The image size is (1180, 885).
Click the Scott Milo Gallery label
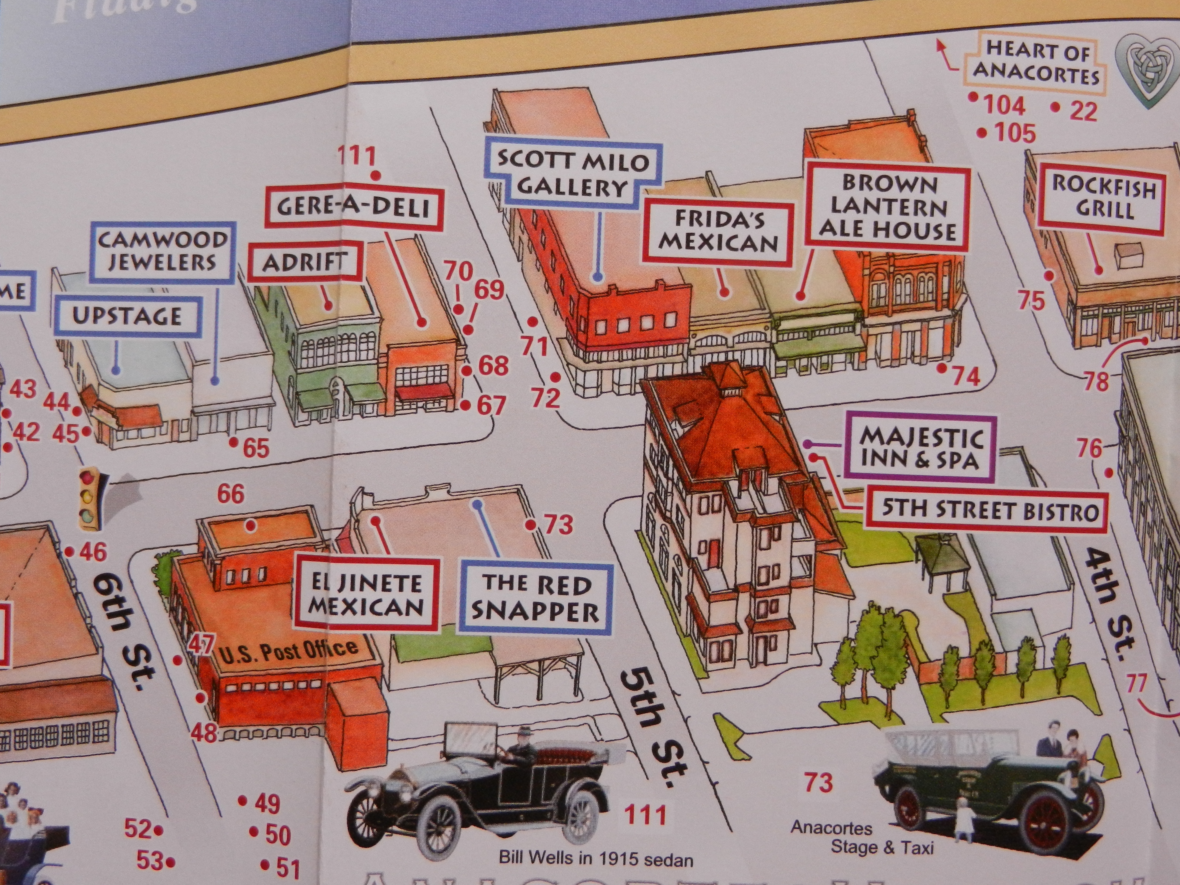tap(573, 173)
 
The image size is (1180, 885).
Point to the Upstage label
tap(128, 316)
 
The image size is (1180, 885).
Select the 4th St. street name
tap(1107, 608)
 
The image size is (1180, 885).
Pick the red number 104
tap(1003, 105)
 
